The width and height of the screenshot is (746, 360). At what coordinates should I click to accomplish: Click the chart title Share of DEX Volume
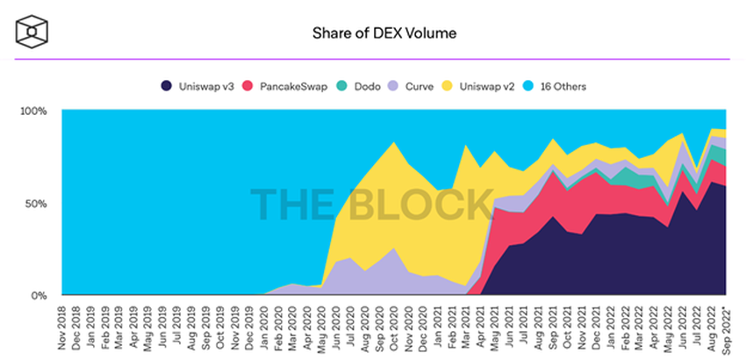[x=372, y=33]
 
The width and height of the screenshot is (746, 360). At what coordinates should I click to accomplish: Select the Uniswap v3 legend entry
[x=192, y=86]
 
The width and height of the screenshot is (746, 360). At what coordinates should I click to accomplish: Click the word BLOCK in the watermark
[x=421, y=204]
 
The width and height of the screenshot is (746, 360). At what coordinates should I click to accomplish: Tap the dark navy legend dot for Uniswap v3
[x=167, y=86]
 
